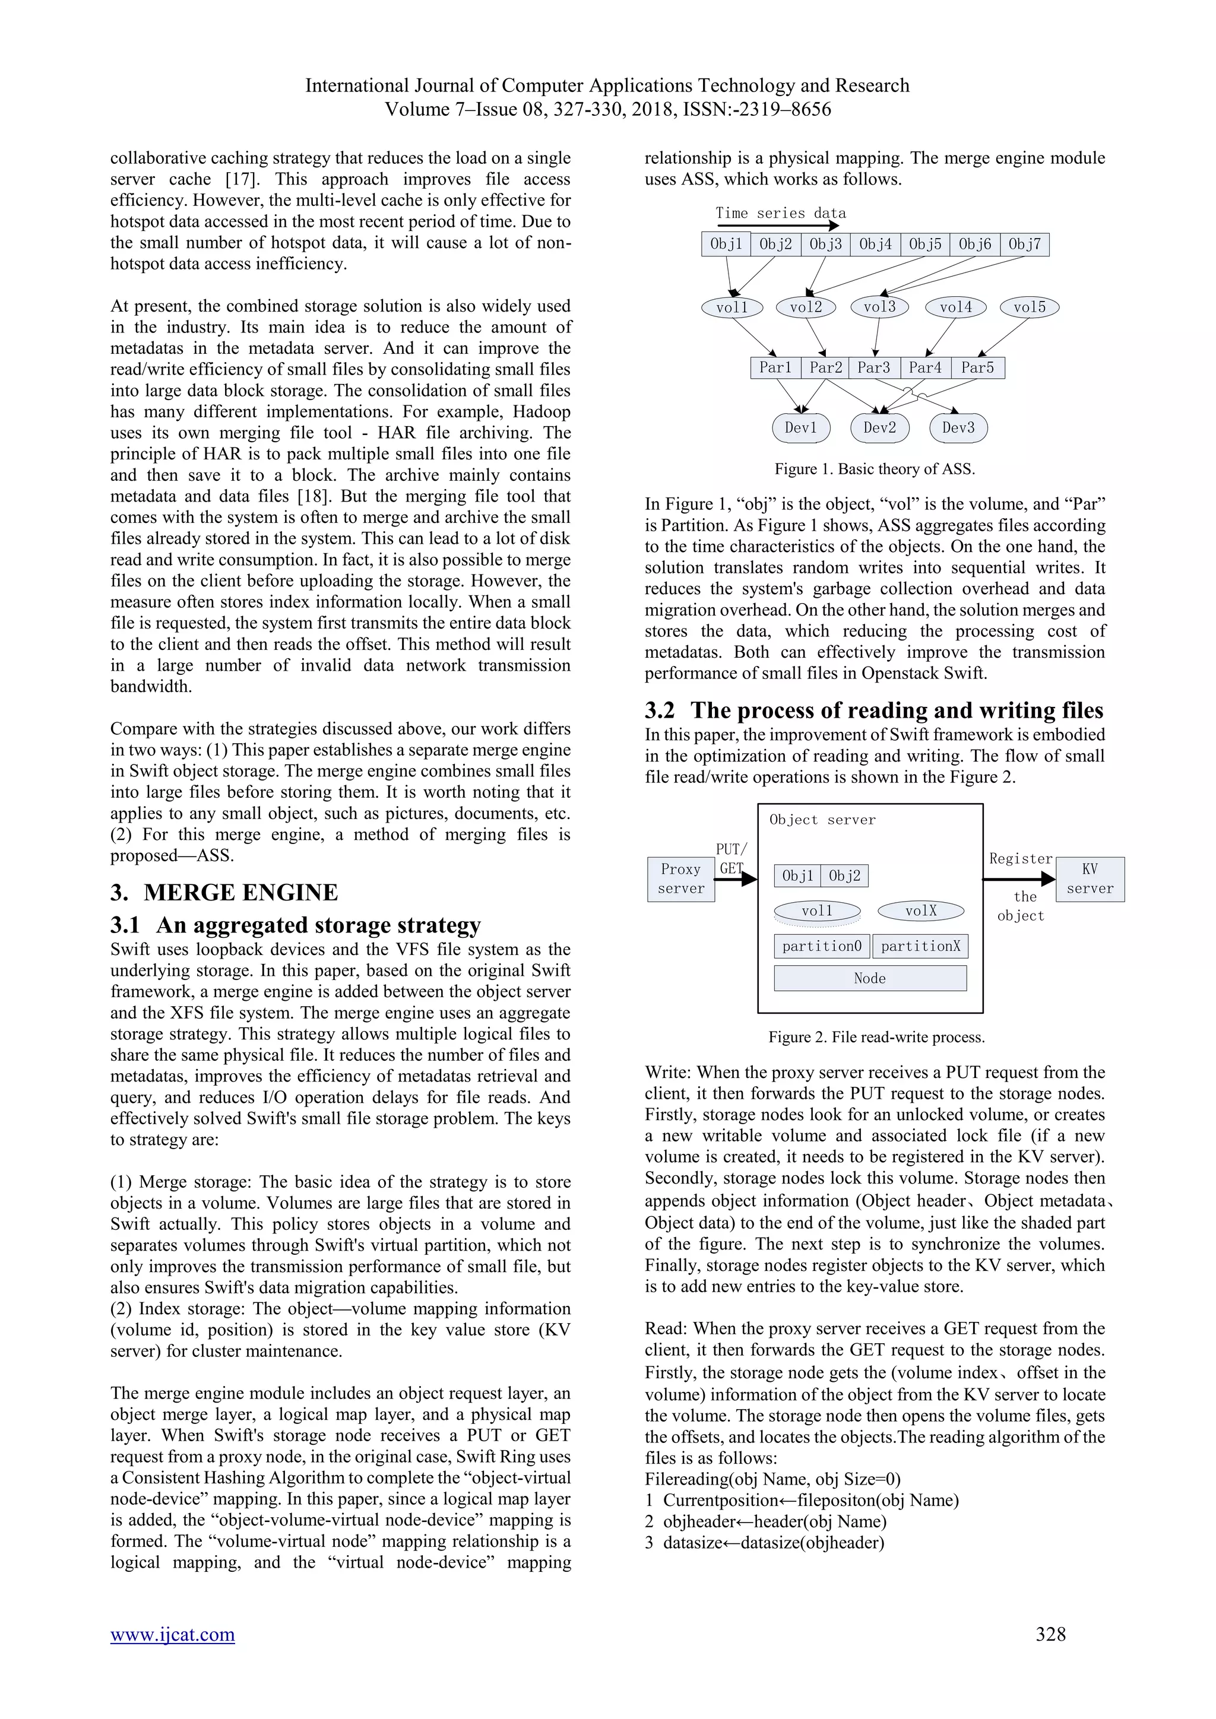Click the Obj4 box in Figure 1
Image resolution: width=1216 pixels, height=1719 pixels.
875,244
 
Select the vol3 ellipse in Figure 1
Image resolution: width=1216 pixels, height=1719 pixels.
879,307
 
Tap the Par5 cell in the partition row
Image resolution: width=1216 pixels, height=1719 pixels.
977,367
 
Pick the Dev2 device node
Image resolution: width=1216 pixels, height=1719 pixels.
879,427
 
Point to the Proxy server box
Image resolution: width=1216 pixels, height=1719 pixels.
680,879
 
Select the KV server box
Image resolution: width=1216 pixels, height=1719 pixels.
1090,879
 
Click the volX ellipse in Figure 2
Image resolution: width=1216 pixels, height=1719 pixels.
920,911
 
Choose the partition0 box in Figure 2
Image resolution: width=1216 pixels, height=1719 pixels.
821,946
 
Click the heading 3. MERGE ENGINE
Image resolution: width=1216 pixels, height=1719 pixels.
224,892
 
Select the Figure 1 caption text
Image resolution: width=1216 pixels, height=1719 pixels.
874,470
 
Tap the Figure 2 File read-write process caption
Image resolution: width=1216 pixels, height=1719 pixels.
876,1037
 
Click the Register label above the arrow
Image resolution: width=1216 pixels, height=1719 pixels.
1020,859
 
